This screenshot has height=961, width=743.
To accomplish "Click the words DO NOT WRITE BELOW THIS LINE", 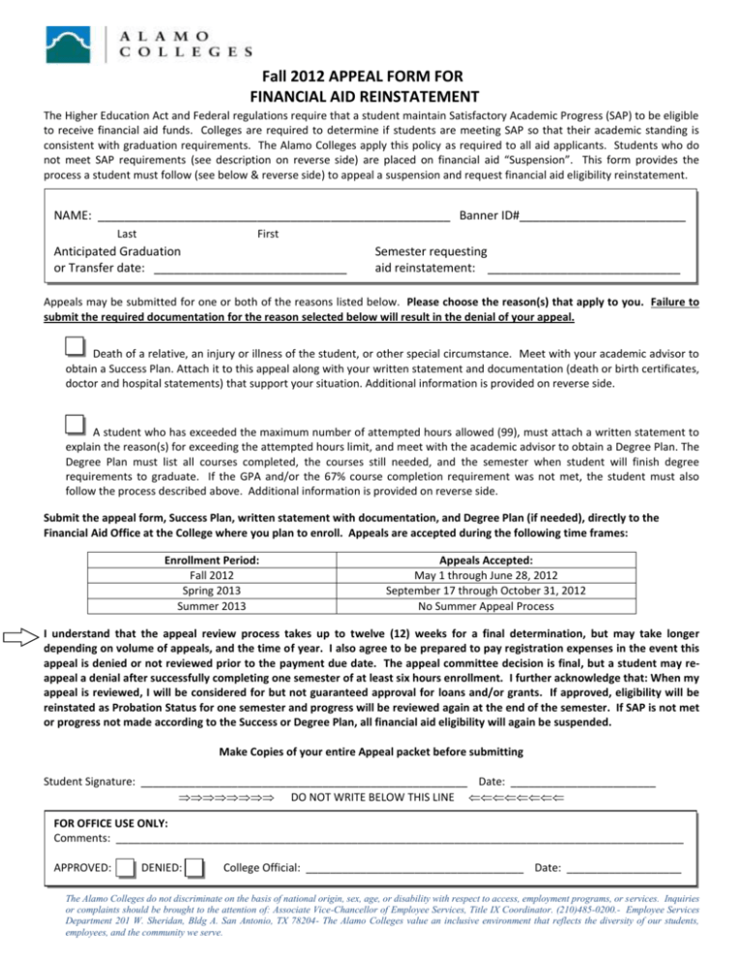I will point(372,800).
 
